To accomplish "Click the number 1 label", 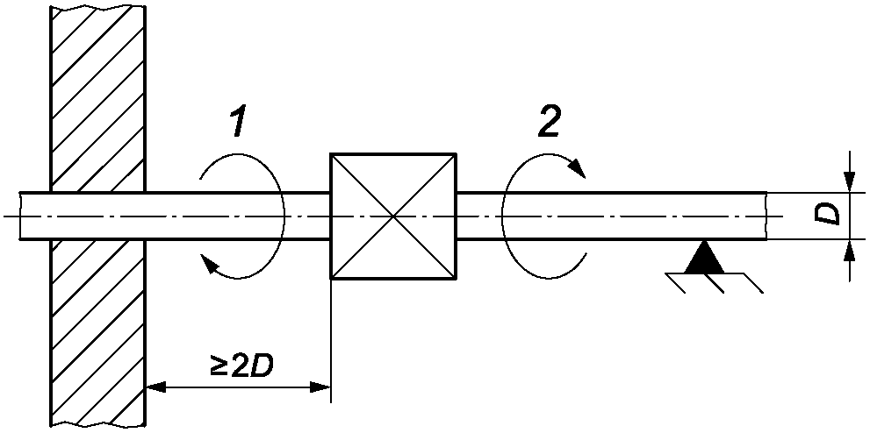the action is click(239, 123).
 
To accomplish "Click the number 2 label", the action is click(550, 121).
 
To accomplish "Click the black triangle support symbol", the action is click(705, 257).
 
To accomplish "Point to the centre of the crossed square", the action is click(393, 216).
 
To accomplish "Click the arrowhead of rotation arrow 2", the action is click(578, 167).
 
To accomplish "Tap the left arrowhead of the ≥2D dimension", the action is click(155, 387).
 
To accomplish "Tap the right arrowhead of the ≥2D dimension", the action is click(320, 387).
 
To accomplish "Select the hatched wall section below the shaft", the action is click(97, 333).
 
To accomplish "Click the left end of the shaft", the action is click(20, 216).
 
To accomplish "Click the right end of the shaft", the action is click(766, 216).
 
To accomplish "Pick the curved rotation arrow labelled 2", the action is click(503, 216).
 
